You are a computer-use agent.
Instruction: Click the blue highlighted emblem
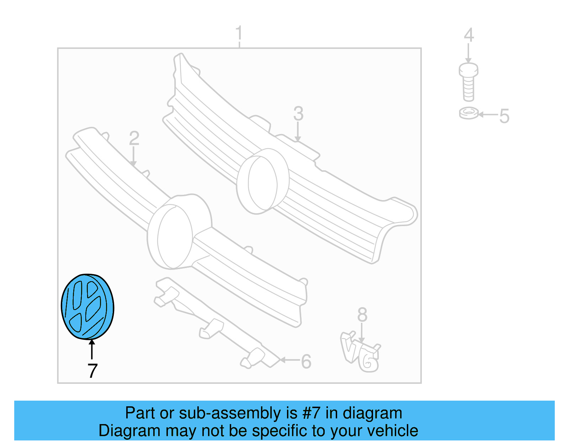point(87,307)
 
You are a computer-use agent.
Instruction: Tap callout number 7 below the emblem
point(92,371)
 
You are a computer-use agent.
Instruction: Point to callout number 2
point(134,138)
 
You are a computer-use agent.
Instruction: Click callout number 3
point(298,114)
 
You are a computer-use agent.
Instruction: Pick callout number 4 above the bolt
point(469,35)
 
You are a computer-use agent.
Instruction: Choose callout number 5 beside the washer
point(504,116)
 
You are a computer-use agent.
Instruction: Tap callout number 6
point(306,362)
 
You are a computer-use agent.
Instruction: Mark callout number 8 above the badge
point(362,315)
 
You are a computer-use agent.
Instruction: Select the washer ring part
point(469,113)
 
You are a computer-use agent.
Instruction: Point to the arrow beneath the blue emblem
point(92,349)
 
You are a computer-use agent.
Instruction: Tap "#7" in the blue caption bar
point(311,413)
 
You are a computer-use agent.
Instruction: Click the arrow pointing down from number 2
point(133,156)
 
